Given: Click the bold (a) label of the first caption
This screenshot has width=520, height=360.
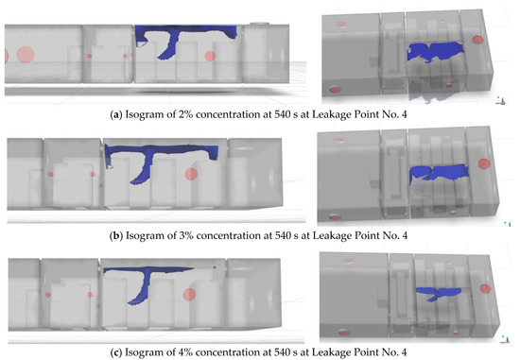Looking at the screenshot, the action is point(114,114).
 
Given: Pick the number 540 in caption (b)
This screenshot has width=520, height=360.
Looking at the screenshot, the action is point(283,235).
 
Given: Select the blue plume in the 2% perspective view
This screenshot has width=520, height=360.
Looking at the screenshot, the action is point(435,51).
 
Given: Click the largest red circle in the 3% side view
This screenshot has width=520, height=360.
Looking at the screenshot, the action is point(191,174).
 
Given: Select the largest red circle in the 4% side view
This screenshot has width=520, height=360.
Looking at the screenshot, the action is point(189,295).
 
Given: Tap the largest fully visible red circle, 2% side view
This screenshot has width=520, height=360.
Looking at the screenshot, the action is point(26,55).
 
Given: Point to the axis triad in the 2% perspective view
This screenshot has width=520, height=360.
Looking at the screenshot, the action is point(501,101).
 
